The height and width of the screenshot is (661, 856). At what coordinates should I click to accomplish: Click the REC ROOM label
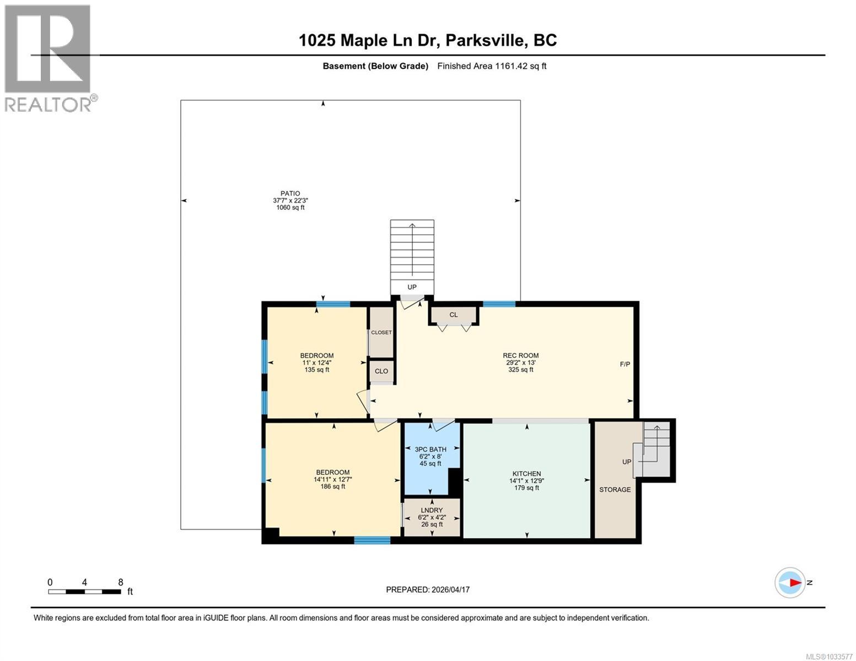520,355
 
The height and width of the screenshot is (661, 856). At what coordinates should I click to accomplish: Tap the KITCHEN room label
526,474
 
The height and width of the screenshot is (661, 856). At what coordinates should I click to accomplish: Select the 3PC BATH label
430,449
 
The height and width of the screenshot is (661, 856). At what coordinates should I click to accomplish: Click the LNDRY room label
432,511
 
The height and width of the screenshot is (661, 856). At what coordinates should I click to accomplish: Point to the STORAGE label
615,490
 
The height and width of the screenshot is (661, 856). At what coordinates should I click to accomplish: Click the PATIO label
290,193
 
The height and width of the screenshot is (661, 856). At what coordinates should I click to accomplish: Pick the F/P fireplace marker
625,365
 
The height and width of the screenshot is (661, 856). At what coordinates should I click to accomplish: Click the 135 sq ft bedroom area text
316,370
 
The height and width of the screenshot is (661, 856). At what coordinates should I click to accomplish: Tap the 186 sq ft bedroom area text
332,486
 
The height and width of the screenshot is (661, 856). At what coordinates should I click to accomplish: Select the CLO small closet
381,371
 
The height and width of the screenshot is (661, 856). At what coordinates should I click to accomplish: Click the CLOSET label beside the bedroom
381,333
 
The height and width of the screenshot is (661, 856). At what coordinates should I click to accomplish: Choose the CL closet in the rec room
454,315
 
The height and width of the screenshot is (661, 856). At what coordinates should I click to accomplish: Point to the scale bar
85,592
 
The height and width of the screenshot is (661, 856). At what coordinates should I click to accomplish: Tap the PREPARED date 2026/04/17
428,589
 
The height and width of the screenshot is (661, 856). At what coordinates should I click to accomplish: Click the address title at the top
428,40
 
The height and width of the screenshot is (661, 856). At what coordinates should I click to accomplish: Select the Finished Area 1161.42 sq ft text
492,66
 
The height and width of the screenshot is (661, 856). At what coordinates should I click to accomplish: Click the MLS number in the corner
830,656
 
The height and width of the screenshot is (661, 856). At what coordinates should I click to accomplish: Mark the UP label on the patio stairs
412,287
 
